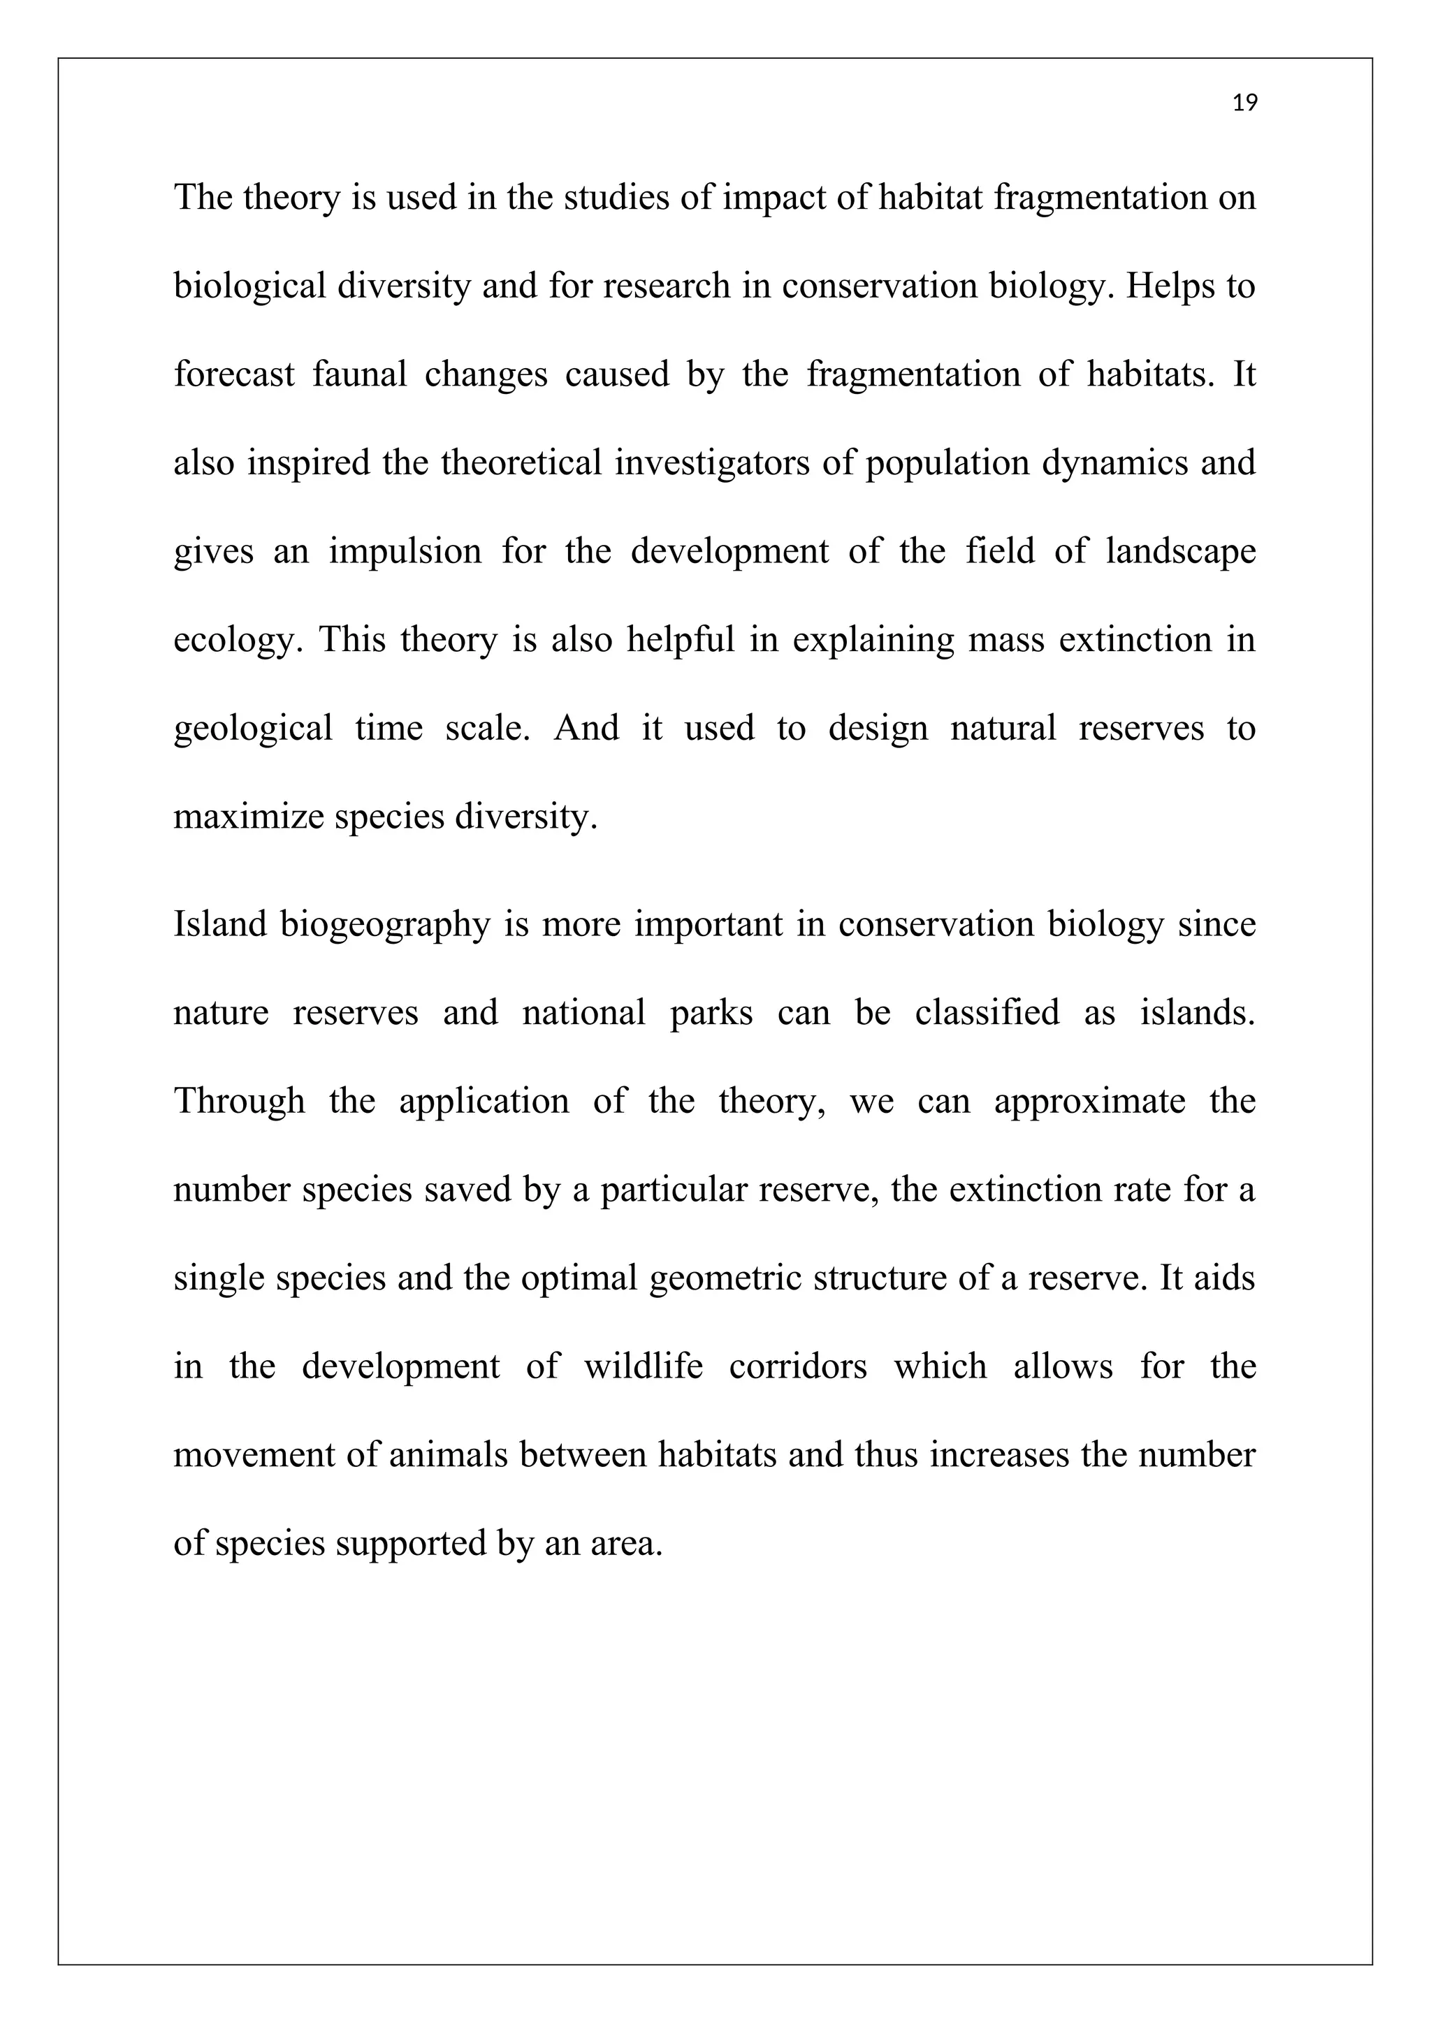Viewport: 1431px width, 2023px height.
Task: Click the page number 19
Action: click(x=1244, y=104)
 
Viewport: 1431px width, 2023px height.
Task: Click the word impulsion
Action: click(x=405, y=552)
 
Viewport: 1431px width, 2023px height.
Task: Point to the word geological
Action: click(x=252, y=729)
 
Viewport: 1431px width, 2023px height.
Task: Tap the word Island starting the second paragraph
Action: click(x=219, y=923)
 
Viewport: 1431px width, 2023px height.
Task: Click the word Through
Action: click(x=239, y=1102)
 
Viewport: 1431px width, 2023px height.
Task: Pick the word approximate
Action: click(x=1090, y=1102)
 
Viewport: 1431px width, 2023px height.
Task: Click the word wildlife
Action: click(x=644, y=1366)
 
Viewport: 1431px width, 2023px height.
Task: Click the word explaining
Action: click(x=873, y=641)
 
